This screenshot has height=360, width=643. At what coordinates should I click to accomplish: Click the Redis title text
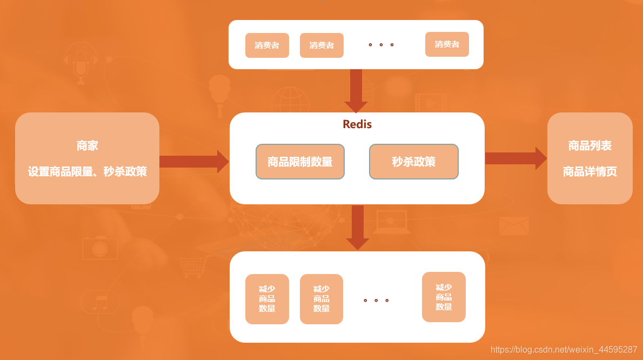pyautogui.click(x=357, y=124)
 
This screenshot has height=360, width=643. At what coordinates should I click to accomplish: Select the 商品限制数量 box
pyautogui.click(x=300, y=162)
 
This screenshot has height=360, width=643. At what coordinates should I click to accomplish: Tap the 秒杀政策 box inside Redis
pyautogui.click(x=414, y=162)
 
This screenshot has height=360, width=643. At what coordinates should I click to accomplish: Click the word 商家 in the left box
pyautogui.click(x=87, y=145)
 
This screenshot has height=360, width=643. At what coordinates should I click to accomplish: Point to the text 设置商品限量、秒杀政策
pyautogui.click(x=87, y=172)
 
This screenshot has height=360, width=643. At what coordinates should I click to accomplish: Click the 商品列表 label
pyautogui.click(x=590, y=145)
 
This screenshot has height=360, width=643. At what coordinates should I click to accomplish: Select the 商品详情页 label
pyautogui.click(x=590, y=172)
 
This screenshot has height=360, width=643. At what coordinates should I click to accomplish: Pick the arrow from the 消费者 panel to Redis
pyautogui.click(x=356, y=90)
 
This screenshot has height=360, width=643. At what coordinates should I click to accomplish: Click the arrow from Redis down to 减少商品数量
pyautogui.click(x=357, y=227)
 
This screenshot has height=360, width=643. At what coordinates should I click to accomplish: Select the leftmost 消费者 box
pyautogui.click(x=267, y=45)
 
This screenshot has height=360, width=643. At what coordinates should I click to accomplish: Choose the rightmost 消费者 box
pyautogui.click(x=447, y=44)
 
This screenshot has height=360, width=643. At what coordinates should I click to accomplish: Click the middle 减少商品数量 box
pyautogui.click(x=321, y=299)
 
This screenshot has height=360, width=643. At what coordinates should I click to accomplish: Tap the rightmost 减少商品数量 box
pyautogui.click(x=444, y=297)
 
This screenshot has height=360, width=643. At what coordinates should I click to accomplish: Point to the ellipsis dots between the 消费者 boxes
pyautogui.click(x=381, y=45)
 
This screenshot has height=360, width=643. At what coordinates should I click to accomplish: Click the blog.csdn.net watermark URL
pyautogui.click(x=564, y=350)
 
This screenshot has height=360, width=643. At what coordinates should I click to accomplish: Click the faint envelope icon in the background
pyautogui.click(x=513, y=226)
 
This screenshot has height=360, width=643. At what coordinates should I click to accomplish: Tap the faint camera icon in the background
pyautogui.click(x=99, y=248)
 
